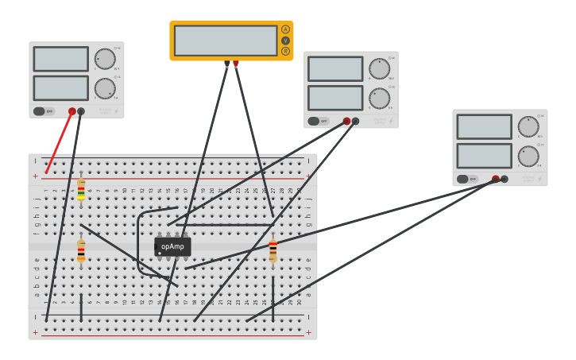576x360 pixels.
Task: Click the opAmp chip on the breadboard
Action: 172,246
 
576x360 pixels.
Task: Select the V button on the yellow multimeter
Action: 285,41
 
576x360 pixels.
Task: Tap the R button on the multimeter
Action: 285,51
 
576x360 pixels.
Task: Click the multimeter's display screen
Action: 226,41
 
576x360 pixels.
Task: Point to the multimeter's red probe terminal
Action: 235,64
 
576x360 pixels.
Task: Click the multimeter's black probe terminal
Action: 227,64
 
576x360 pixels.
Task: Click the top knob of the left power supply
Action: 105,59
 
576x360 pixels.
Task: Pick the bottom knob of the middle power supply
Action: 379,98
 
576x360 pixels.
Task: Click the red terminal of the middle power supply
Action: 346,122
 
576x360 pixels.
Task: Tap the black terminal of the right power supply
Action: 504,179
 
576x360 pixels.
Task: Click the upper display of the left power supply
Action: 60,59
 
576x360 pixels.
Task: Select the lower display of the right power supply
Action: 484,155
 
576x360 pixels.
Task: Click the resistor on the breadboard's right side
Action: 273,251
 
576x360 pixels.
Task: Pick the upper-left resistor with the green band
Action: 81,191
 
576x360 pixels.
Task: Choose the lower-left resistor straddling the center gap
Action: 81,251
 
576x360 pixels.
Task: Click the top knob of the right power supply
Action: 528,126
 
